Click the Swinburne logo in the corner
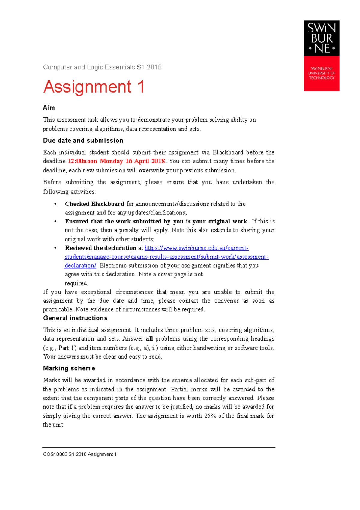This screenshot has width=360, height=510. [322, 56]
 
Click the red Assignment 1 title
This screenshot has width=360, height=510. [94, 87]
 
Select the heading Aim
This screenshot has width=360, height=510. [49, 108]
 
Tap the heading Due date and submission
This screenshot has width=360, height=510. [83, 141]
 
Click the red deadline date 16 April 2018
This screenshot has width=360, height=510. [145, 161]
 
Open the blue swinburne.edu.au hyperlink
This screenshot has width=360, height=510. [196, 248]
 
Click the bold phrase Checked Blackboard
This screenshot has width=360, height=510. [94, 204]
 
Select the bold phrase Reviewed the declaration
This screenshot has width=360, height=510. [100, 248]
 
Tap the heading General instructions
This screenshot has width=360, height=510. [75, 318]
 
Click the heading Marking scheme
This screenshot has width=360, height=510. [69, 368]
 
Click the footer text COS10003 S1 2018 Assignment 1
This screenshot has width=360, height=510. [80, 454]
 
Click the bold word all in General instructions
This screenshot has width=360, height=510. [149, 339]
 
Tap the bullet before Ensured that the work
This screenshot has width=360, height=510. [55, 222]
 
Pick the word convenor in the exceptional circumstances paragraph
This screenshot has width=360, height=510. [226, 301]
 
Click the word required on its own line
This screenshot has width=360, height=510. [76, 283]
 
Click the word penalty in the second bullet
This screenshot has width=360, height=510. [129, 230]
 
